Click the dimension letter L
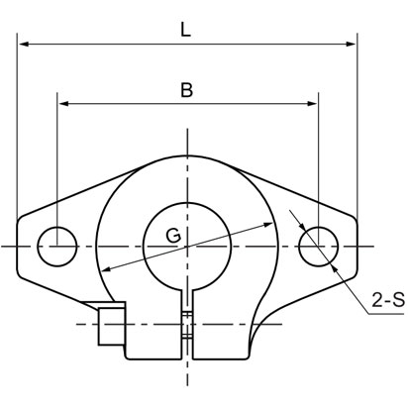coord(186,30)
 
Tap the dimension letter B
coord(186,90)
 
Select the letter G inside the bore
coord(172,236)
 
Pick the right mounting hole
coord(317,244)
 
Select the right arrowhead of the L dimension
coord(351,45)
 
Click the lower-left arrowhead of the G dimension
coord(103,271)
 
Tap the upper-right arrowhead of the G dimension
coord(271,224)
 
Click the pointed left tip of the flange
coord(18,244)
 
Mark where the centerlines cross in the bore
coord(187,244)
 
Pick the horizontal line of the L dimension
coord(119,45)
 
